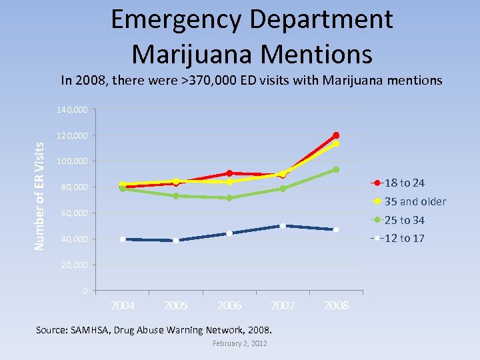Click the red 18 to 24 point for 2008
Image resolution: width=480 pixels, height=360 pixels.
(336, 135)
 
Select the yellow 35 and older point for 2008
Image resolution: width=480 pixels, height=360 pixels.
(336, 143)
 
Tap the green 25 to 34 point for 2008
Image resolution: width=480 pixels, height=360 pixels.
(336, 169)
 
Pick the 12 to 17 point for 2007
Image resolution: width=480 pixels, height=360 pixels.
(283, 226)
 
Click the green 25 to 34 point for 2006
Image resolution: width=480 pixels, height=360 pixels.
(229, 198)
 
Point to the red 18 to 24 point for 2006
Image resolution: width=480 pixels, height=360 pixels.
(229, 173)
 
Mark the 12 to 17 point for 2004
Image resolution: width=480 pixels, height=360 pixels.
(123, 239)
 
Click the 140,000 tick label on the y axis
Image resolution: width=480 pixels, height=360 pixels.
(72, 109)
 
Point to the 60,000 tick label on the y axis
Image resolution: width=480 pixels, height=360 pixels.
(74, 213)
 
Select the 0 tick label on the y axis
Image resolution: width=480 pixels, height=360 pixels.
(85, 291)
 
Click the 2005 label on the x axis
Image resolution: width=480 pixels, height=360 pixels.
(176, 305)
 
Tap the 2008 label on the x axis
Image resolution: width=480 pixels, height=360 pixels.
(336, 305)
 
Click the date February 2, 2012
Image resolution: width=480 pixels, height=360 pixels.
(240, 343)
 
